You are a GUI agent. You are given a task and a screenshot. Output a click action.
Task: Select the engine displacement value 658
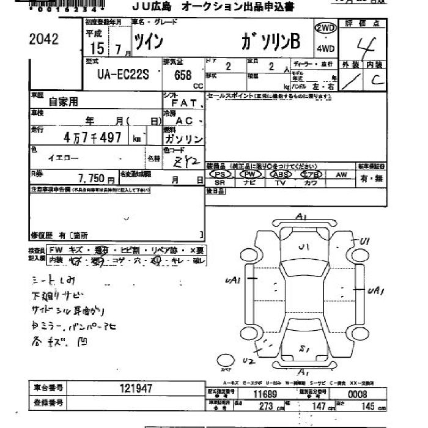[x=183, y=75]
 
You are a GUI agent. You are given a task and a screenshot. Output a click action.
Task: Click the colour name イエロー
[x=64, y=158]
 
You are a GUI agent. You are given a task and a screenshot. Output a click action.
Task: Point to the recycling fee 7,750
[x=92, y=180]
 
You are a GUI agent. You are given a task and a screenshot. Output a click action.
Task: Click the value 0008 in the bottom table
[x=357, y=394]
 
